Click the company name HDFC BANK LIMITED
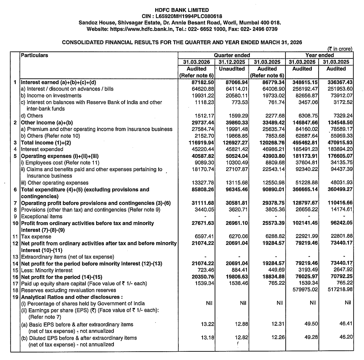pyautogui.click(x=182, y=10)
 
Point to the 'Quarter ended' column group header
pyautogui.click(x=232, y=55)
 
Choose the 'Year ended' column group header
pyautogui.click(x=319, y=55)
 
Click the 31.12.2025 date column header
pyautogui.click(x=232, y=62)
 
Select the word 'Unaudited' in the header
pyautogui.click(x=232, y=69)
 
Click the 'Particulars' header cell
pyautogui.click(x=35, y=55)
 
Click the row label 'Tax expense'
pyautogui.click(x=36, y=237)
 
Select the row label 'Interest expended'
pyautogui.click(x=42, y=149)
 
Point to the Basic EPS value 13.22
pyautogui.click(x=207, y=324)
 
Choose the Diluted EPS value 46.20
pyautogui.click(x=346, y=337)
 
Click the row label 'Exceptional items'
pyautogui.click(x=42, y=217)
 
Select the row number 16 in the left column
pyautogui.click(x=15, y=277)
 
